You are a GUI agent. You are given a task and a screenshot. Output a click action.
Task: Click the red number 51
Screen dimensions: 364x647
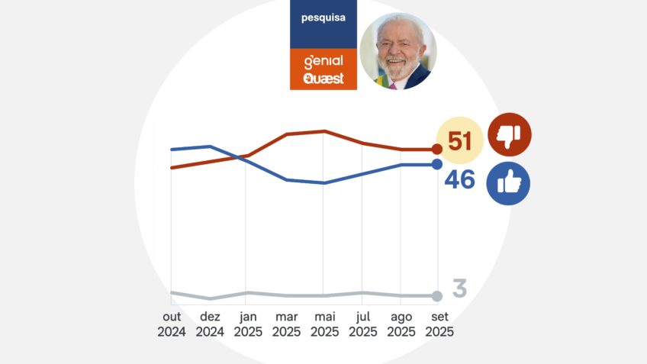[460, 142]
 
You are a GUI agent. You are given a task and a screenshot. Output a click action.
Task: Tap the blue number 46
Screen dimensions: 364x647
[460, 180]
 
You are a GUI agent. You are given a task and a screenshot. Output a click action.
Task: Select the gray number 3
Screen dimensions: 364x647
[459, 289]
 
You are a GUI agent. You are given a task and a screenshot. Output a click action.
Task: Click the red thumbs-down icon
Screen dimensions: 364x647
[509, 135]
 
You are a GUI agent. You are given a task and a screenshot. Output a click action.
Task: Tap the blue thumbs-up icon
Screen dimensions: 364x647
[508, 183]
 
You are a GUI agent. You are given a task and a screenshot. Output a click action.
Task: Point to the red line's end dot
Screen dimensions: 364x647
[437, 150]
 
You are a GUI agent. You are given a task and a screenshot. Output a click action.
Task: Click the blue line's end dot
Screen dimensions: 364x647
[437, 164]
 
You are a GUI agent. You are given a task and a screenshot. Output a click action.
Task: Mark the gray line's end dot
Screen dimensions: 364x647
[437, 296]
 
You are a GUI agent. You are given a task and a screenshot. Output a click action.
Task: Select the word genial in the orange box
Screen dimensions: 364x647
[323, 61]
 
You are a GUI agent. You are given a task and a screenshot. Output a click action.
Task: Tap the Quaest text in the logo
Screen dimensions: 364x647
[323, 78]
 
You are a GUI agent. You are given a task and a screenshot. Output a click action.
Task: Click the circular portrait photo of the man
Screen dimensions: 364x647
[398, 51]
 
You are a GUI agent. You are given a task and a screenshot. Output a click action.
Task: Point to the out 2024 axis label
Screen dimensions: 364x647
[172, 324]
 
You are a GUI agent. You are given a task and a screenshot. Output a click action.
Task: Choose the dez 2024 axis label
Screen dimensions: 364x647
[210, 324]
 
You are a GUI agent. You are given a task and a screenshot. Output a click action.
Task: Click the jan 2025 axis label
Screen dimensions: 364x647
[248, 324]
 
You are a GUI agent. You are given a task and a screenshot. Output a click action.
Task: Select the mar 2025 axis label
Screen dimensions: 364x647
[286, 324]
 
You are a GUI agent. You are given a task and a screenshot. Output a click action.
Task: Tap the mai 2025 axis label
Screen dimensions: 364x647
[324, 324]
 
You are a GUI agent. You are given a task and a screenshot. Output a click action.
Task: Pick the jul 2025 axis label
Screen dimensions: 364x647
[362, 324]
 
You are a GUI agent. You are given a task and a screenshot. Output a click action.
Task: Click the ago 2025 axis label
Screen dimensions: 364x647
[401, 324]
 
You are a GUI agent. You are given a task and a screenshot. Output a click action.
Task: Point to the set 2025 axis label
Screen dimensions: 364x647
[439, 324]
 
